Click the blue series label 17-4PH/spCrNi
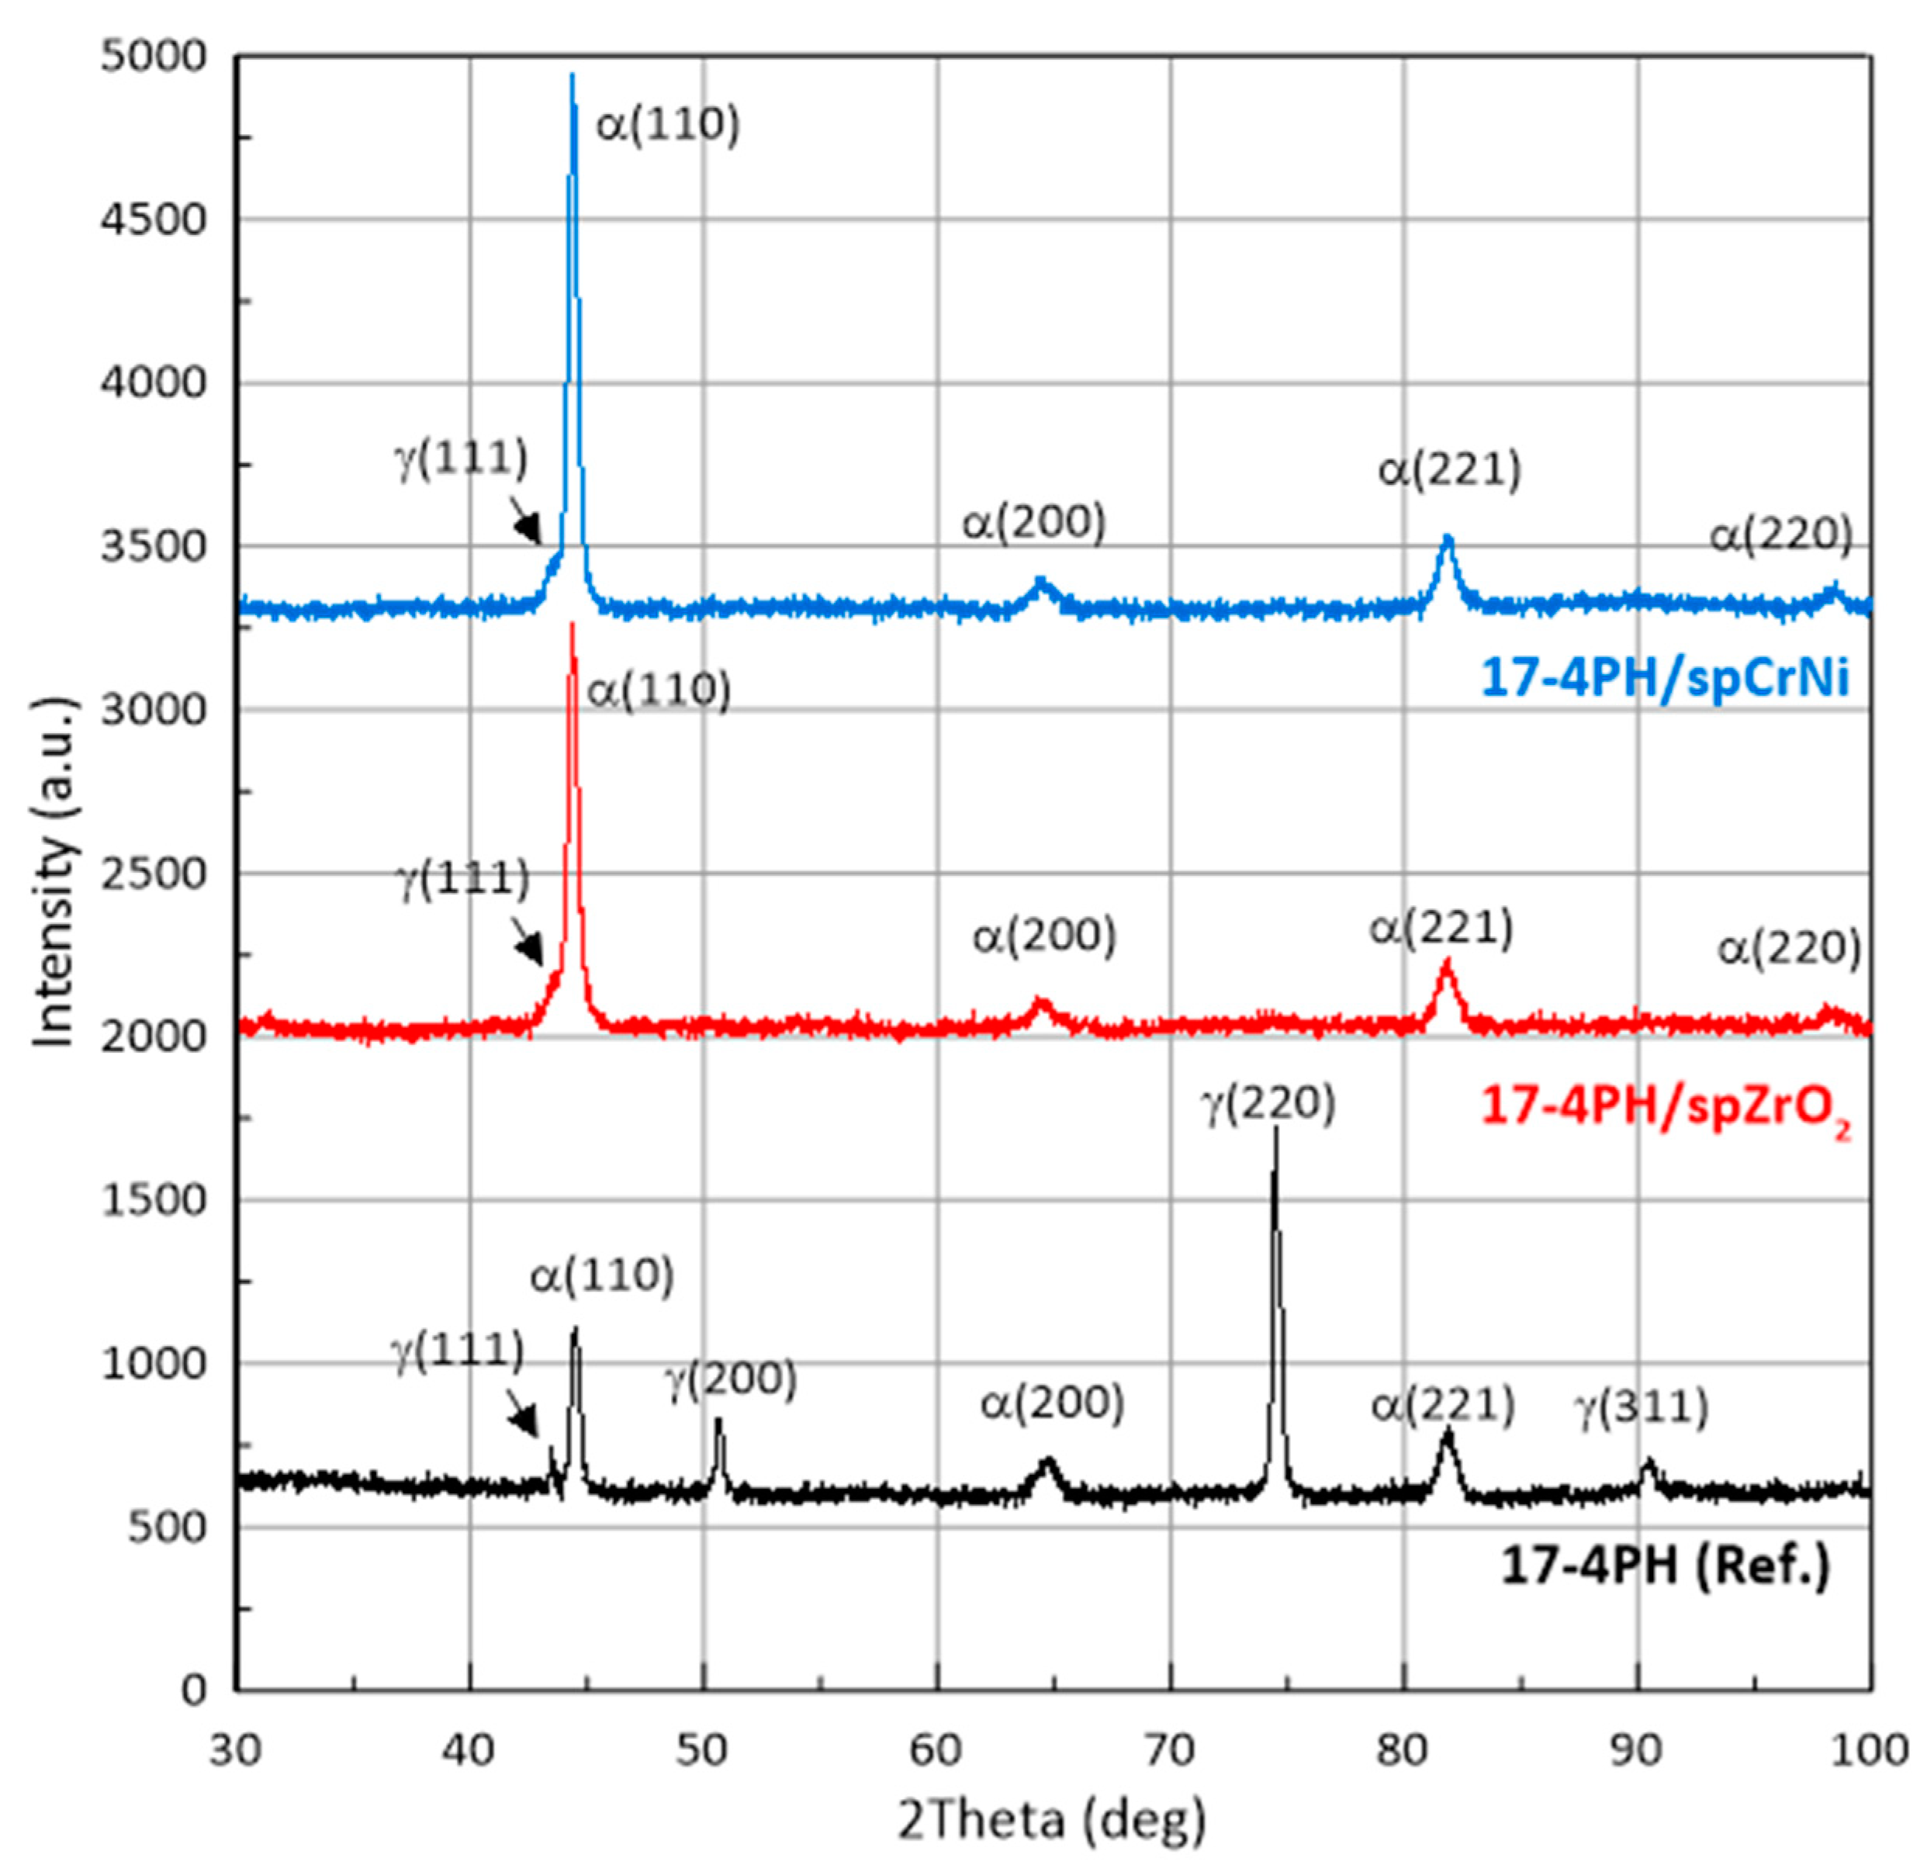pyautogui.click(x=1665, y=677)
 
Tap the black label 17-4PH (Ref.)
pyautogui.click(x=1665, y=1566)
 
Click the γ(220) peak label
pyautogui.click(x=1269, y=1103)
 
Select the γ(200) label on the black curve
pyautogui.click(x=731, y=1379)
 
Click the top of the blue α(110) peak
pyautogui.click(x=573, y=74)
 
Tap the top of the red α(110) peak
pyautogui.click(x=573, y=625)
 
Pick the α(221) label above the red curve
pyautogui.click(x=1441, y=928)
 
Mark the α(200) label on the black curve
pyautogui.click(x=1051, y=1403)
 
